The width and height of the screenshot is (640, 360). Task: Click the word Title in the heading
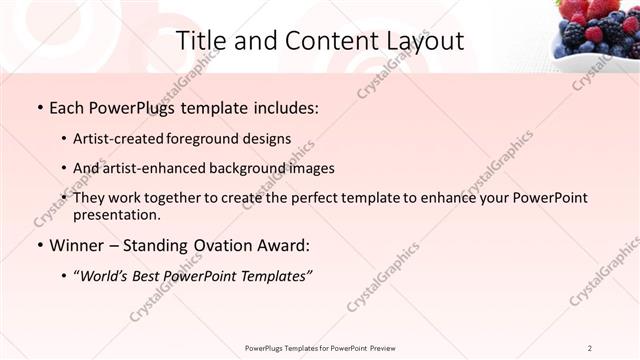[x=200, y=41]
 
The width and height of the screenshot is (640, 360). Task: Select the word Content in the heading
[x=314, y=41]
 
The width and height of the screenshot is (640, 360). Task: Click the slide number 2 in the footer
[x=590, y=347]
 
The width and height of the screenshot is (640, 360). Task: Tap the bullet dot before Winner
[x=39, y=244]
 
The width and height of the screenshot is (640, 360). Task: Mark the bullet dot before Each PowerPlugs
[x=39, y=106]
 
